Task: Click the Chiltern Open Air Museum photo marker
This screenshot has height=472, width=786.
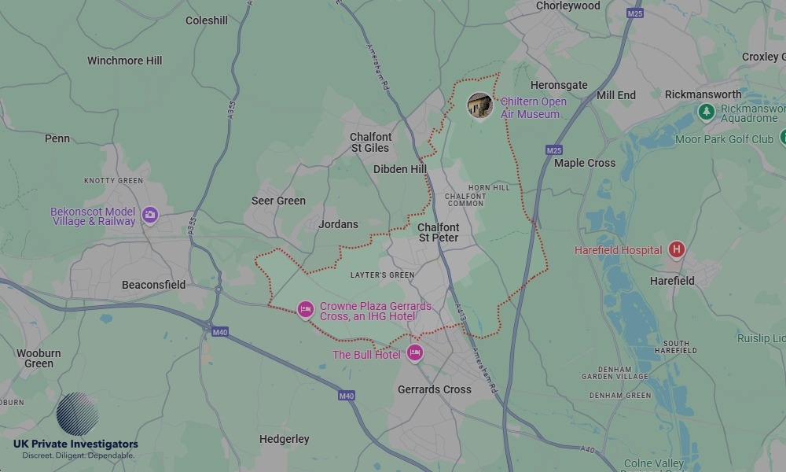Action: [x=479, y=105]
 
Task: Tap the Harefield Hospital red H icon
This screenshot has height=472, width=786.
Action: [x=676, y=250]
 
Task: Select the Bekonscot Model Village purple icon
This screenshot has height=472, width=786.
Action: [x=150, y=215]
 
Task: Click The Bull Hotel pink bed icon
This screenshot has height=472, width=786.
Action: [x=414, y=353]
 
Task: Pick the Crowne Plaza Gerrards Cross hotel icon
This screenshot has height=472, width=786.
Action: [x=305, y=310]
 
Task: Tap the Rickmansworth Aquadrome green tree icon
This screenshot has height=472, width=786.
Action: [x=707, y=112]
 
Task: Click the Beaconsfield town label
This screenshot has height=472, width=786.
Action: [x=154, y=285]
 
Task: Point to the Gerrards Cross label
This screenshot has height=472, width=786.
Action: [x=435, y=389]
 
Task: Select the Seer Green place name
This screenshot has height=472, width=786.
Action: [x=278, y=201]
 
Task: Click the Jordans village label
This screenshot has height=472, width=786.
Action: [x=338, y=224]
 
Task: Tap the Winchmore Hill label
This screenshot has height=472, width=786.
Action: [x=124, y=61]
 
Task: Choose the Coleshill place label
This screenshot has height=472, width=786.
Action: [x=207, y=20]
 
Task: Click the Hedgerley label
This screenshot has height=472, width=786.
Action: [x=284, y=439]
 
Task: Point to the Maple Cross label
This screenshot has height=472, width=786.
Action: [x=585, y=163]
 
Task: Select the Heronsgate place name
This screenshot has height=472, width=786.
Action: [x=559, y=85]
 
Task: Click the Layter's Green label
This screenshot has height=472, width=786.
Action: [x=382, y=275]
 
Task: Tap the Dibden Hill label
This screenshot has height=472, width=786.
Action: [x=400, y=169]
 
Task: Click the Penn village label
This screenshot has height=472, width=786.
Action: [x=57, y=138]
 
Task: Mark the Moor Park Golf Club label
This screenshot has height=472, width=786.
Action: [x=724, y=139]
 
